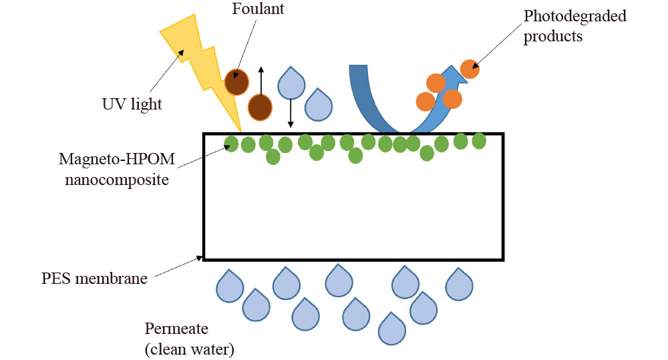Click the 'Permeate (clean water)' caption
[190, 338]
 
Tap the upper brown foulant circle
[236, 81]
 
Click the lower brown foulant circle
[260, 107]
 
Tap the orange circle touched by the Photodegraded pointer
[470, 69]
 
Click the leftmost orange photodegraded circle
[426, 102]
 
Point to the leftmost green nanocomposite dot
[231, 144]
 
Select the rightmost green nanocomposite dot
[479, 141]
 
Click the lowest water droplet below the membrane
[392, 327]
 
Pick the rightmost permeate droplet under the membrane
[459, 283]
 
